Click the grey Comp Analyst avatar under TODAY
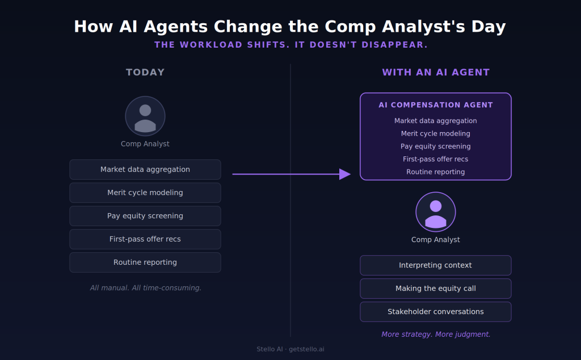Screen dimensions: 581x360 coord(145,116)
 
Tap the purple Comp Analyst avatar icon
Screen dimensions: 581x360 coord(436,212)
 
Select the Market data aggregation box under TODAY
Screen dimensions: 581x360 coord(145,170)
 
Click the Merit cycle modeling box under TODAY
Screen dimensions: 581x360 coord(145,193)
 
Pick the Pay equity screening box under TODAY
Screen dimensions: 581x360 coord(145,216)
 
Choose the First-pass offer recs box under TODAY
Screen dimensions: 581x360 coord(145,239)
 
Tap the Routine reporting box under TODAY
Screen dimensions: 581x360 coord(145,262)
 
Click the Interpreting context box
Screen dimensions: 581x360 coord(436,265)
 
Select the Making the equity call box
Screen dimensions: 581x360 coord(436,289)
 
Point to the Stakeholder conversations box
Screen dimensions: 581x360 coord(436,312)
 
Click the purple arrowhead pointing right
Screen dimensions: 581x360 coord(345,174)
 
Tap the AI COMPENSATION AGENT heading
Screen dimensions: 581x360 coord(436,105)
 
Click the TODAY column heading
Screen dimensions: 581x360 coord(145,72)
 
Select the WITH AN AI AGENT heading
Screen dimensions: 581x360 coord(436,72)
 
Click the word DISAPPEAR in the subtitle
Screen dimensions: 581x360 coord(395,45)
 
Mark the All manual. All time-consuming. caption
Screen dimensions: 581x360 coord(146,288)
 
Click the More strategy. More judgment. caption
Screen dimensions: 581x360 coord(436,334)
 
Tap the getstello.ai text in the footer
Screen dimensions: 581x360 coord(306,349)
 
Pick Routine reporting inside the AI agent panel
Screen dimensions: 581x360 coord(436,172)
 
